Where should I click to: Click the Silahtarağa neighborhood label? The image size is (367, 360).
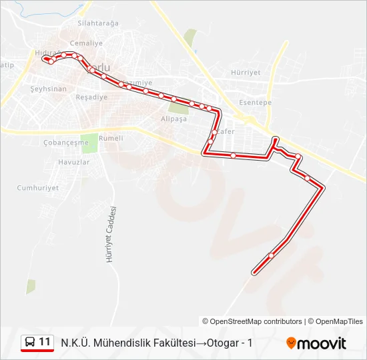click(x=97, y=23)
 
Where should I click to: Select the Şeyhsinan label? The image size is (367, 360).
click(x=49, y=89)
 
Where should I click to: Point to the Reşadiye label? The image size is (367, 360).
click(x=92, y=97)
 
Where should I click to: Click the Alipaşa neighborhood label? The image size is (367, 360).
click(x=174, y=118)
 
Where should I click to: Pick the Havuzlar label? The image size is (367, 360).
click(x=73, y=162)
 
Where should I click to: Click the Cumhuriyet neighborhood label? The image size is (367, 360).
click(x=38, y=187)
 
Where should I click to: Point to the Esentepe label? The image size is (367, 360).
click(x=256, y=103)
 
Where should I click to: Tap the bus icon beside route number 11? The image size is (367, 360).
click(x=29, y=343)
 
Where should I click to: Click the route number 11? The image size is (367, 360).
click(x=45, y=342)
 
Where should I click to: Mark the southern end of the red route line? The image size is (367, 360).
click(x=254, y=273)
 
